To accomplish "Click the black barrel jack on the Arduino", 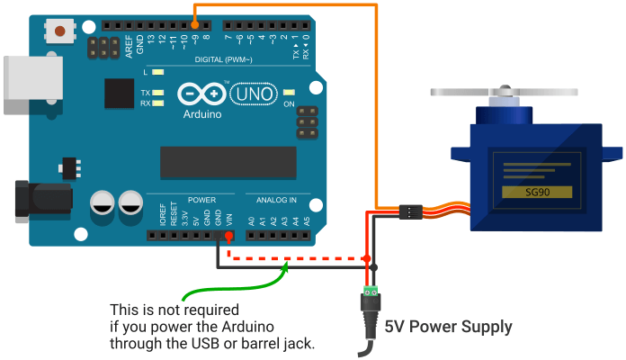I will [40, 199].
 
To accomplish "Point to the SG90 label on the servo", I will [537, 193].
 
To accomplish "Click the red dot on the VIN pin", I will [228, 237].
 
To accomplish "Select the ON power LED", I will [289, 94].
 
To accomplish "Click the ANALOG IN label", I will [276, 199].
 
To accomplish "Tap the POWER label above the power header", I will [202, 199].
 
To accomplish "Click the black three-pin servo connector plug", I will [409, 212].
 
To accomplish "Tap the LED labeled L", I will [158, 72].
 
